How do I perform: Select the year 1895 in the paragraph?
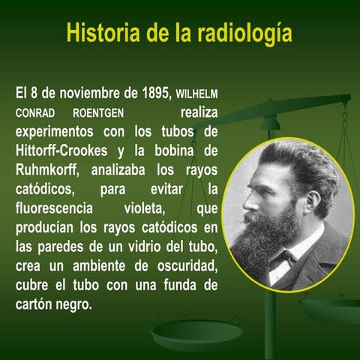pyautogui.click(x=152, y=95)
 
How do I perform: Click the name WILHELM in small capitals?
pyautogui.click(x=197, y=96)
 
